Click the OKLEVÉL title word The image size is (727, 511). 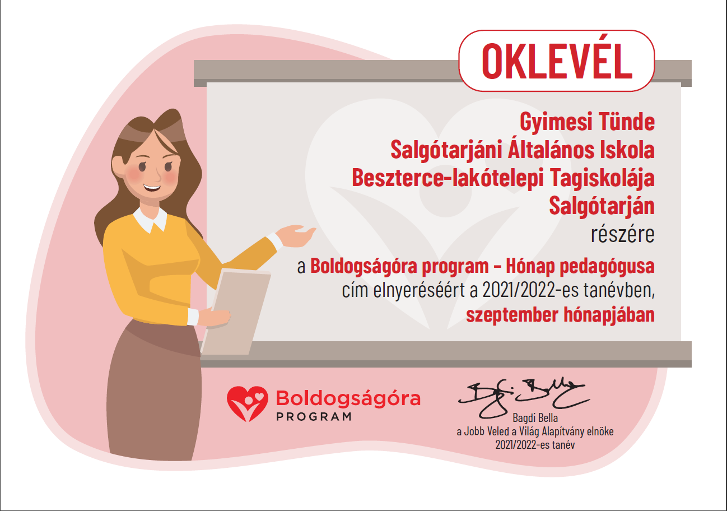[557, 61]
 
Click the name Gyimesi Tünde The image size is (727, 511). [587, 122]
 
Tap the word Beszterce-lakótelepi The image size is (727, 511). [448, 178]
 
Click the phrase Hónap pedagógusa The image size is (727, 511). [580, 267]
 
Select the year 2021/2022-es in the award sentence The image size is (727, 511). [530, 290]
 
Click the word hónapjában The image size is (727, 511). [609, 314]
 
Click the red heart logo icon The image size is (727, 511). [248, 403]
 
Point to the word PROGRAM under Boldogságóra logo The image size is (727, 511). [314, 416]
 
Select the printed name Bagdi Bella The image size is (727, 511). [535, 418]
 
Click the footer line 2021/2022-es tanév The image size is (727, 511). [535, 445]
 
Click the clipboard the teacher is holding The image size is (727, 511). [236, 312]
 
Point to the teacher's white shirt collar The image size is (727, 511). [150, 220]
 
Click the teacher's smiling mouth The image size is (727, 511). [152, 188]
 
